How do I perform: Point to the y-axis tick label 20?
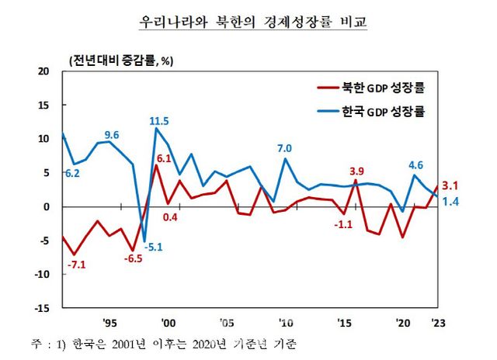click(43, 71)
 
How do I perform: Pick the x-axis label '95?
click(109, 323)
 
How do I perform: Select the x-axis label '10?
click(287, 323)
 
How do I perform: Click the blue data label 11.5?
click(160, 121)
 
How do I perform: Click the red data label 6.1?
click(164, 159)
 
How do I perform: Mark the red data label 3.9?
click(357, 171)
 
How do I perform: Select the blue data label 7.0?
click(284, 148)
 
